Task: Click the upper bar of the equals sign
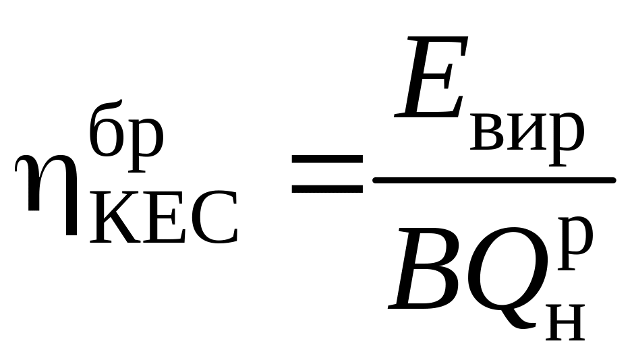point(326,159)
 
